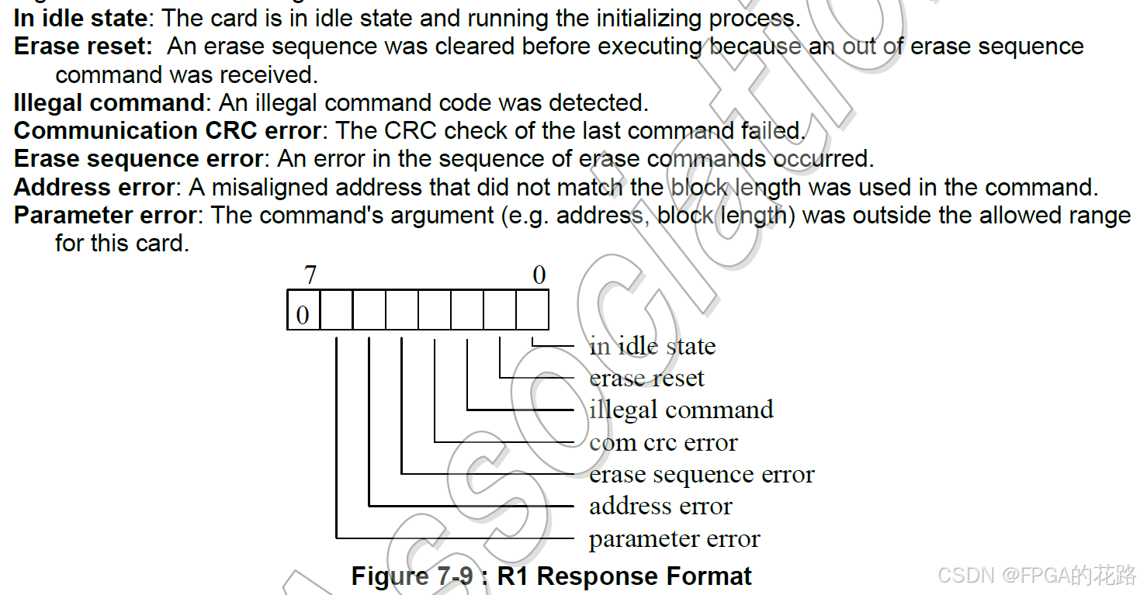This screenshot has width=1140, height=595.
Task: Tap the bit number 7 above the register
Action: [x=310, y=275]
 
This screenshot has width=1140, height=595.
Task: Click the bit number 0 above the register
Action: [x=539, y=275]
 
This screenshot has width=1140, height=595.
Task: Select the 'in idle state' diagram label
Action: [x=652, y=346]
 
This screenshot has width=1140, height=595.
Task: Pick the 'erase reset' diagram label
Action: [x=646, y=378]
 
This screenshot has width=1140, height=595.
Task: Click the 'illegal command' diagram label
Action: [x=681, y=410]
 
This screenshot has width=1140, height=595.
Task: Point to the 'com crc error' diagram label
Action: [x=663, y=442]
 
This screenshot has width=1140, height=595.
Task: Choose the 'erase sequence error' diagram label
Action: [x=702, y=474]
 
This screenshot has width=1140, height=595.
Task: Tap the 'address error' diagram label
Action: [x=660, y=507]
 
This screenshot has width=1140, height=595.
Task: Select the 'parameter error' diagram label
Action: [x=674, y=539]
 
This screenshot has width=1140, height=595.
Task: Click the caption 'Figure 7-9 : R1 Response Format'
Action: [x=551, y=576]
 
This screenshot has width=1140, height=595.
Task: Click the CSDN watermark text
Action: [x=1037, y=575]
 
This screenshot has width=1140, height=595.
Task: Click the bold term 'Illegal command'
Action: [x=109, y=102]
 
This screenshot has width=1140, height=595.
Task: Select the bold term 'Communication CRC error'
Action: [x=167, y=130]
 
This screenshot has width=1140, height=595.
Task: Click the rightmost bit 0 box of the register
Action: [x=532, y=310]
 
